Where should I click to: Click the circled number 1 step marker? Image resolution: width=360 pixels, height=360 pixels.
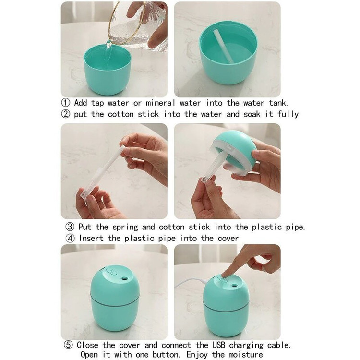click(x=66, y=103)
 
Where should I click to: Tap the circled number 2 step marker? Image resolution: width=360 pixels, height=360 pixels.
click(x=66, y=114)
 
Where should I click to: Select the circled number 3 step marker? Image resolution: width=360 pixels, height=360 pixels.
click(x=70, y=227)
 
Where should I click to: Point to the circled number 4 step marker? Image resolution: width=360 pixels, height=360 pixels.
click(x=70, y=238)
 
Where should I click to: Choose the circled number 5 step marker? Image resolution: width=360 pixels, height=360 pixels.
click(x=68, y=345)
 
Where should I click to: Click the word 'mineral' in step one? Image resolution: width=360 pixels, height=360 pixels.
click(x=160, y=103)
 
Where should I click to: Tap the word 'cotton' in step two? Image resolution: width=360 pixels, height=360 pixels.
click(x=121, y=114)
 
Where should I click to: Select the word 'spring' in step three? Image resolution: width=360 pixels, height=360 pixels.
click(x=125, y=228)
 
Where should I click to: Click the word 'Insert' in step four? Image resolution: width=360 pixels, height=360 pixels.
click(x=91, y=238)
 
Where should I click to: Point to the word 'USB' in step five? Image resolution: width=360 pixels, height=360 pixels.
click(x=218, y=345)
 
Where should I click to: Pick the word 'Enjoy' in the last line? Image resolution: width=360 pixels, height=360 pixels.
click(x=197, y=355)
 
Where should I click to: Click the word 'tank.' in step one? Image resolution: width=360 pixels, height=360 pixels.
click(x=278, y=103)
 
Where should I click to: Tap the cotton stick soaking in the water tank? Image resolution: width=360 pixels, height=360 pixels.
click(x=223, y=46)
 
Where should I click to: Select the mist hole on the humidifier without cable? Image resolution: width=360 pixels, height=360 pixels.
click(x=124, y=278)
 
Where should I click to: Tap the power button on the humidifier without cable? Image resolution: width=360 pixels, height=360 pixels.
click(x=112, y=272)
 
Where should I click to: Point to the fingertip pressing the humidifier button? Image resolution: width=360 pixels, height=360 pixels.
click(x=223, y=276)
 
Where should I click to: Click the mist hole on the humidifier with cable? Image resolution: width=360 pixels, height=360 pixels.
click(x=234, y=286)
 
